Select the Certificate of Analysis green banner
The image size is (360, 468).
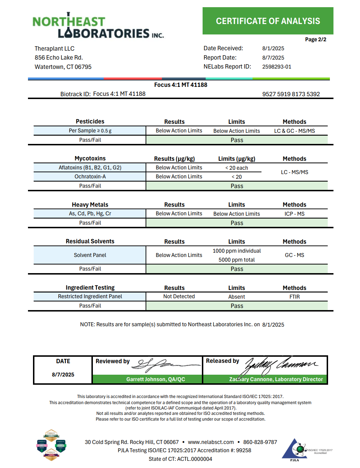[268, 21]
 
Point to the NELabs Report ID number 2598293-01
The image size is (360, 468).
[276, 67]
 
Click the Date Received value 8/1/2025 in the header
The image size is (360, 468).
[273, 48]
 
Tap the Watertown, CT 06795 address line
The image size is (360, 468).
[63, 67]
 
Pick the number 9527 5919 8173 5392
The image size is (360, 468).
[291, 94]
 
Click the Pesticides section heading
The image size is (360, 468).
[90, 122]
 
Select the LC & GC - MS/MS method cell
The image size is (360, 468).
[294, 131]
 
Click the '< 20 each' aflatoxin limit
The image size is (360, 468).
[237, 168]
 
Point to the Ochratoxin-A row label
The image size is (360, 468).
[90, 177]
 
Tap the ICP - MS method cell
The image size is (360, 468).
[294, 214]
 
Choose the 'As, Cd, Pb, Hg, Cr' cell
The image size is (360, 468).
[90, 214]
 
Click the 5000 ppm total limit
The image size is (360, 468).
[237, 260]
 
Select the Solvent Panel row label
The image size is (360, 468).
[90, 255]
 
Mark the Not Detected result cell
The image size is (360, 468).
[179, 296]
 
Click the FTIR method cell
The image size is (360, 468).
[294, 297]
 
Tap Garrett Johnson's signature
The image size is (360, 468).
[165, 365]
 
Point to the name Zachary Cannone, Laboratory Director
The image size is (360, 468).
[276, 379]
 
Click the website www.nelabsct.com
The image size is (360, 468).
[211, 442]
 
